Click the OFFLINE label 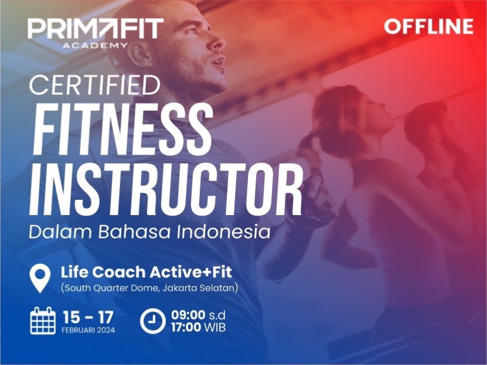429,26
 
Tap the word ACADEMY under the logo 95,45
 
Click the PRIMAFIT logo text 95,29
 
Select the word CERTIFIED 94,85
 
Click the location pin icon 40,278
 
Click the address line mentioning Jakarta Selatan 149,288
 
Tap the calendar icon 43,321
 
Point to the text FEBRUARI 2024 88,330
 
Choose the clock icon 152,321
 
